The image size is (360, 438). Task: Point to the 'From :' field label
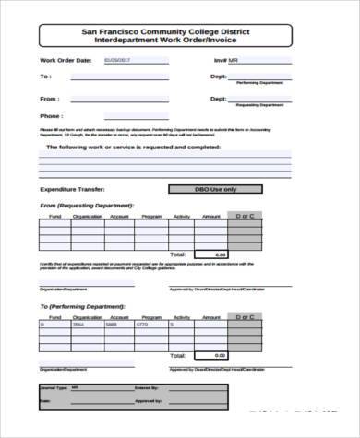[x=50, y=97]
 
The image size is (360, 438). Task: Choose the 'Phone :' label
[x=52, y=116]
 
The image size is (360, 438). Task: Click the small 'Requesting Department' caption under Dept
[x=260, y=105]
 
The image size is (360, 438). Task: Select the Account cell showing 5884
[x=113, y=325]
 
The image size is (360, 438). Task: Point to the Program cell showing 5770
[x=143, y=325]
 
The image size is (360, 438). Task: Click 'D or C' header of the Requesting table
[x=245, y=216]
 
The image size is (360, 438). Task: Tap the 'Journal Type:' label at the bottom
[x=56, y=387]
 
